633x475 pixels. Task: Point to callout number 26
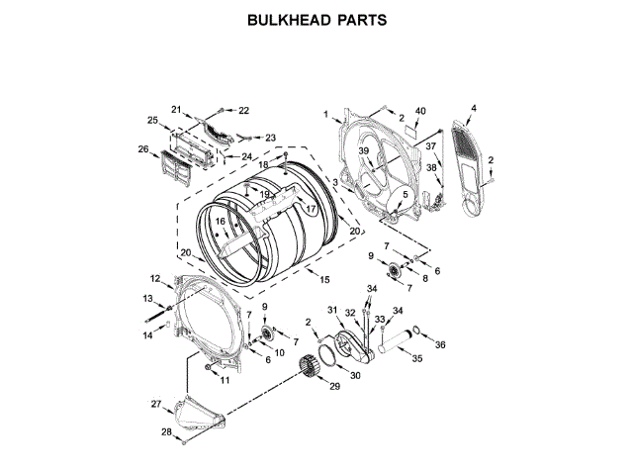click(143, 150)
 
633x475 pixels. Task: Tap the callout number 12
click(155, 278)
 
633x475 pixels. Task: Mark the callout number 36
click(441, 344)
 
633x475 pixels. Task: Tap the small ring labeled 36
click(419, 332)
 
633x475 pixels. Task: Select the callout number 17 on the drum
click(310, 209)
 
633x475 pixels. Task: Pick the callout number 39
click(363, 150)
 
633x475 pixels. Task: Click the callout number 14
click(148, 336)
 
